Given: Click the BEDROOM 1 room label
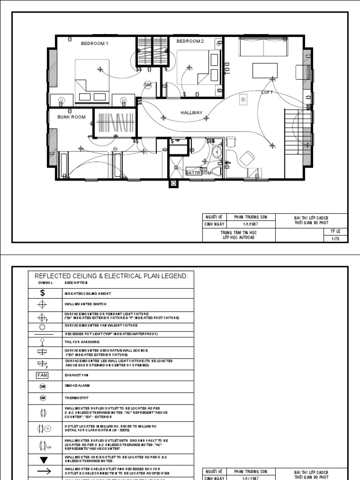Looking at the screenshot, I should click(x=94, y=44).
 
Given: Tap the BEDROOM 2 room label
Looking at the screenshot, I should click(x=190, y=41).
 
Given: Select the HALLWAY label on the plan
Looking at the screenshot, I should click(x=191, y=113).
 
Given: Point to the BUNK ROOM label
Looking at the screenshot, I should click(x=71, y=117).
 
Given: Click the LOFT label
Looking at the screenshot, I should click(x=267, y=93).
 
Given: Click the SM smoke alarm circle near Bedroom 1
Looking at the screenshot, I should click(x=148, y=84).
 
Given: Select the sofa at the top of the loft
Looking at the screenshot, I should click(x=256, y=46).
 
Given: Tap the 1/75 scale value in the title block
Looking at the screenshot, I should click(x=335, y=238).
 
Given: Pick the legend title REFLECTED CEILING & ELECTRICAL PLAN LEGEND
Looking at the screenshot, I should click(x=111, y=276).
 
